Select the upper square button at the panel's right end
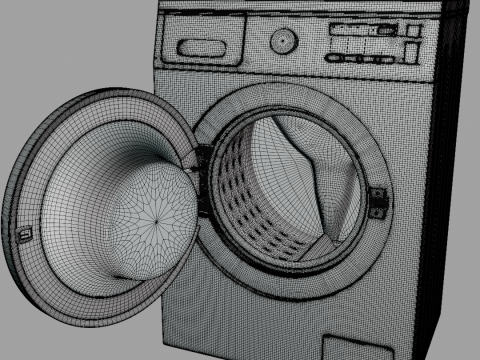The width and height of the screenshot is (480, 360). (410, 33)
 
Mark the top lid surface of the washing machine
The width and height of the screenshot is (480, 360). (300, 8)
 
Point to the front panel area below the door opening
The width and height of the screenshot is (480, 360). (260, 320)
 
